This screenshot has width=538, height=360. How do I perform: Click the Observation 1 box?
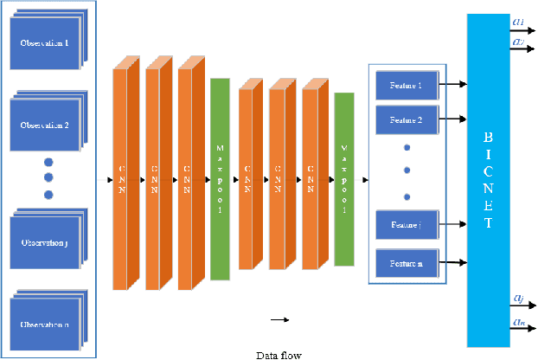point(43,44)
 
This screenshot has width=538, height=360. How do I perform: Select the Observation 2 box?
point(43,125)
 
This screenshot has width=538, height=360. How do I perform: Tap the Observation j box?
point(43,243)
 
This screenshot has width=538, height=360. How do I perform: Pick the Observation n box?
point(43,325)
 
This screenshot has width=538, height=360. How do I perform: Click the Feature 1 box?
point(407,85)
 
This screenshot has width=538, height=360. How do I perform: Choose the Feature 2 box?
point(407,119)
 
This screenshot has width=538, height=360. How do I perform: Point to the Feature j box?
point(407,224)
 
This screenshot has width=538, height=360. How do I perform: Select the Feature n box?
point(407,260)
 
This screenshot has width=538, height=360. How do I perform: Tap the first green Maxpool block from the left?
point(220,179)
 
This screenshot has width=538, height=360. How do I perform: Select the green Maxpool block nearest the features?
point(344,179)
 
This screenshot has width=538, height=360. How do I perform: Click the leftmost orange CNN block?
point(121,179)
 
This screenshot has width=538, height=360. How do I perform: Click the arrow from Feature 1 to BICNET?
point(452,85)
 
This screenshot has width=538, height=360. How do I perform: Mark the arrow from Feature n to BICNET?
point(452,260)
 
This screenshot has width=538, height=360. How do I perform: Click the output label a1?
point(517,21)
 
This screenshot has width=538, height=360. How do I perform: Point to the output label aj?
point(517,298)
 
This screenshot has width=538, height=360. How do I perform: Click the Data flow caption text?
point(279,354)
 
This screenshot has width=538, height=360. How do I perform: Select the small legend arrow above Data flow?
point(279,320)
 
